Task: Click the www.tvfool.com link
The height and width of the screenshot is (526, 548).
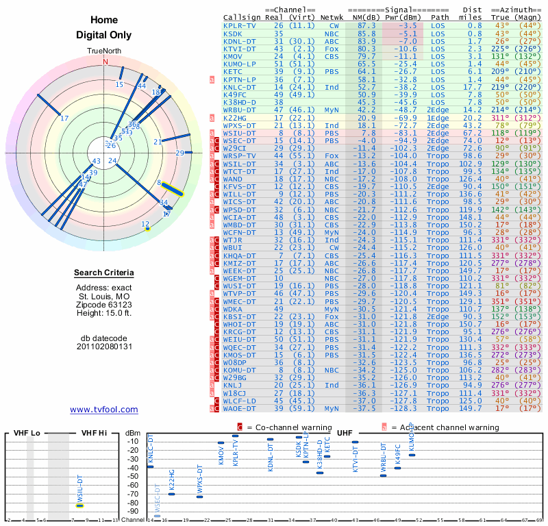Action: click(104, 410)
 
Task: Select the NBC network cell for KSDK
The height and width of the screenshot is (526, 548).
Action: click(332, 33)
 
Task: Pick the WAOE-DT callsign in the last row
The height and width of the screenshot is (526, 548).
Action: click(241, 408)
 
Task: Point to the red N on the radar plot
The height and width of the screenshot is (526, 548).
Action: click(105, 61)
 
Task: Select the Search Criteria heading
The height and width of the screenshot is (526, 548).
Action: click(104, 273)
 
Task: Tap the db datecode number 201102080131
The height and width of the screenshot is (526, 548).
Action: click(104, 346)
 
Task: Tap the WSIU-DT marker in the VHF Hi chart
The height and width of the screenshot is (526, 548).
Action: click(79, 505)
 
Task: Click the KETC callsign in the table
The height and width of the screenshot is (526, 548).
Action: click(233, 71)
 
